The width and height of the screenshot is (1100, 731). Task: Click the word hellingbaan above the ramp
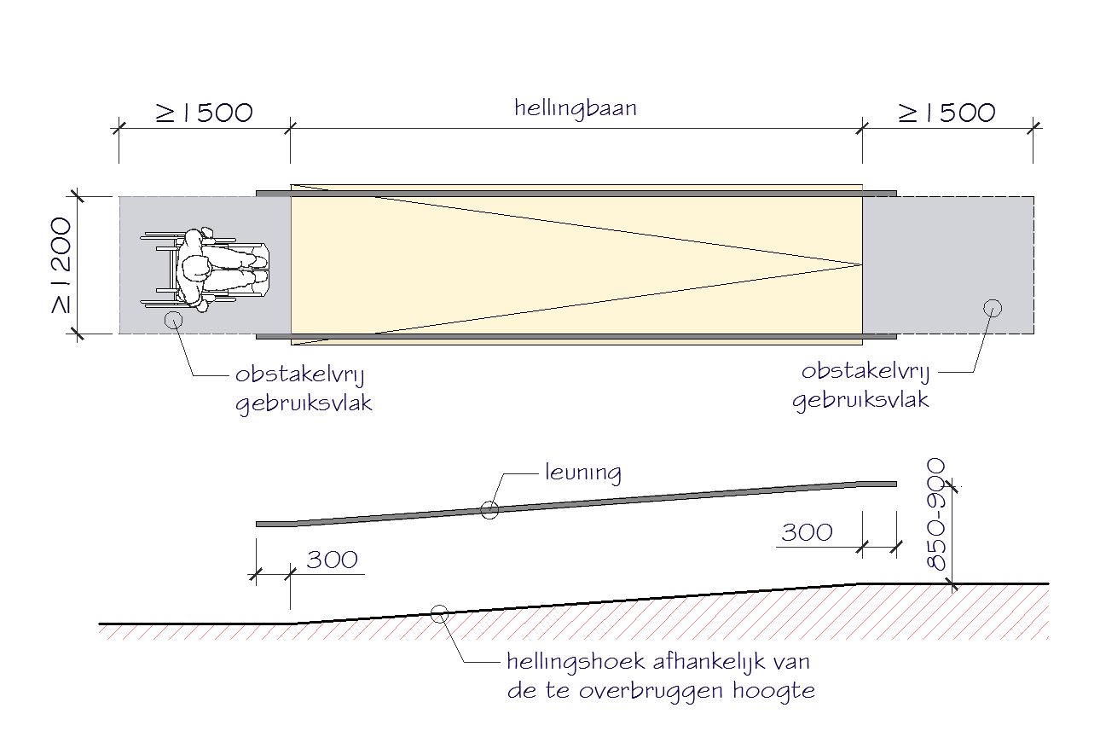[576, 108]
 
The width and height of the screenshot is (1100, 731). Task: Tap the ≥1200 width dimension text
[61, 265]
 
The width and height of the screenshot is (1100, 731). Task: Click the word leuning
[582, 473]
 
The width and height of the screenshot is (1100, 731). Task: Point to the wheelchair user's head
[195, 267]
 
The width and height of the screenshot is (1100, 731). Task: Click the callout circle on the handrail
[489, 510]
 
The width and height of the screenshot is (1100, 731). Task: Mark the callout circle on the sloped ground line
[440, 612]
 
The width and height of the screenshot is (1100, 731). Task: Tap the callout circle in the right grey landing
[992, 308]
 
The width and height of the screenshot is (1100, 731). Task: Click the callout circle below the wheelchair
[173, 320]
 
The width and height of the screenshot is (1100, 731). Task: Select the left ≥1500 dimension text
[205, 113]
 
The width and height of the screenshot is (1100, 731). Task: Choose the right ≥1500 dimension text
[947, 113]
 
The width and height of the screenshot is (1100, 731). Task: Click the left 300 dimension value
[332, 560]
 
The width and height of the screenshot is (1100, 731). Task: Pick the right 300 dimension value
[807, 532]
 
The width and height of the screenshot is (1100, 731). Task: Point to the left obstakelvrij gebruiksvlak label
[304, 389]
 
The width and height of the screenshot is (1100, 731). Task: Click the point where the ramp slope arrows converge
[860, 264]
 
